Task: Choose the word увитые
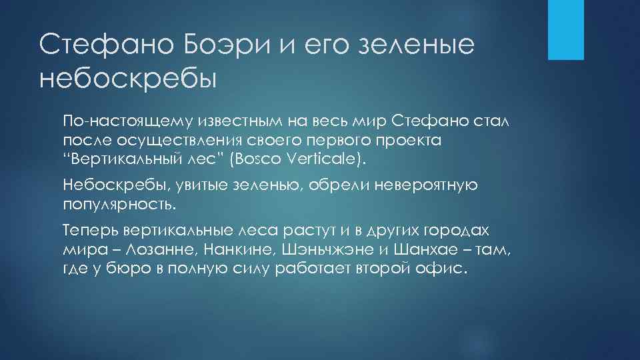coord(187,185)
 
